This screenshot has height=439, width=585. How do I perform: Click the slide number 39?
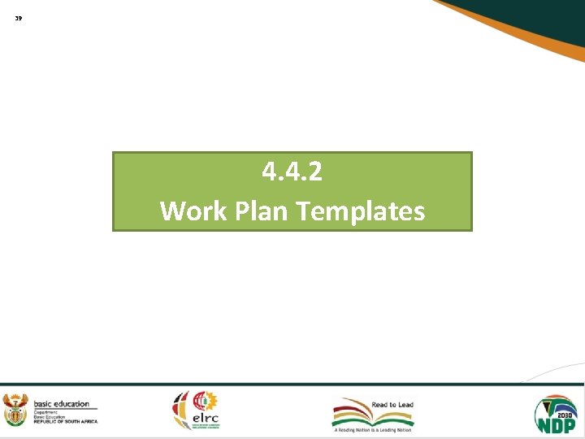coord(19,17)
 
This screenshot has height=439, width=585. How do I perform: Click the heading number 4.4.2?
coord(292,172)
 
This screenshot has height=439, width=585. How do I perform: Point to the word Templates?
coord(361,211)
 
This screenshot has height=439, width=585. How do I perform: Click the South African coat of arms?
coord(15,411)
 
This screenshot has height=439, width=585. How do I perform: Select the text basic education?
coord(61,404)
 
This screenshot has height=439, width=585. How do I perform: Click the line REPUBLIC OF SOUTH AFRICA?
coord(65,421)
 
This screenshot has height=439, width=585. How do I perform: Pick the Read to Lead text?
coord(392,404)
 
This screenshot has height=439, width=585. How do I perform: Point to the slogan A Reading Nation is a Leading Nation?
coord(373,430)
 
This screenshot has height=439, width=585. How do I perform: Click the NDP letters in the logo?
coord(556,424)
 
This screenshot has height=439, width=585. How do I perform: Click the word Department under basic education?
coord(46,411)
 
